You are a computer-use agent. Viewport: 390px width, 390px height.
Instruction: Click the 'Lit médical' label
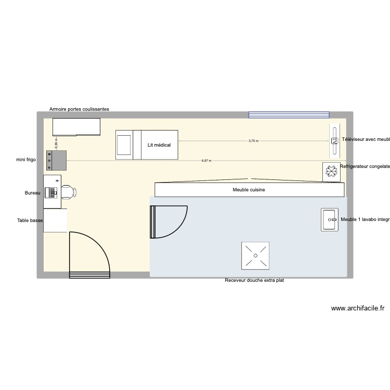click(159, 145)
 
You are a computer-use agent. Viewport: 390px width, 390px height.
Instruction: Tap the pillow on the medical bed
click(124, 145)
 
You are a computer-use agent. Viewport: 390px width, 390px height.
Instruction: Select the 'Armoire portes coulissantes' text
click(79, 109)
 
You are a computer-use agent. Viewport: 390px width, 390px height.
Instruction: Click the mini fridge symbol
click(57, 160)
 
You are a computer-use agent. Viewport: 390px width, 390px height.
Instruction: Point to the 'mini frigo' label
click(25, 160)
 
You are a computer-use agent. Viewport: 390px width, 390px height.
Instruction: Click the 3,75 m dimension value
click(253, 141)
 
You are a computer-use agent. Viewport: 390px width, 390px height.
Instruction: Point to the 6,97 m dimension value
click(206, 161)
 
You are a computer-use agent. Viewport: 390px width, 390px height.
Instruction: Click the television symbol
click(333, 140)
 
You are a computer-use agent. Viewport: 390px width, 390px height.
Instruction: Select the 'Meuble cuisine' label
click(249, 190)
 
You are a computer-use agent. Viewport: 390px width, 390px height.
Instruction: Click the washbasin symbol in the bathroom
click(330, 219)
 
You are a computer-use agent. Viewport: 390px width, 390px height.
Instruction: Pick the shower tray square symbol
click(255, 256)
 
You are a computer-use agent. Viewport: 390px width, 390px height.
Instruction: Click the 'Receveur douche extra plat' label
click(254, 281)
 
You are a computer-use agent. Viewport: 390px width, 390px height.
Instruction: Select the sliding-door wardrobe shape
click(76, 127)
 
